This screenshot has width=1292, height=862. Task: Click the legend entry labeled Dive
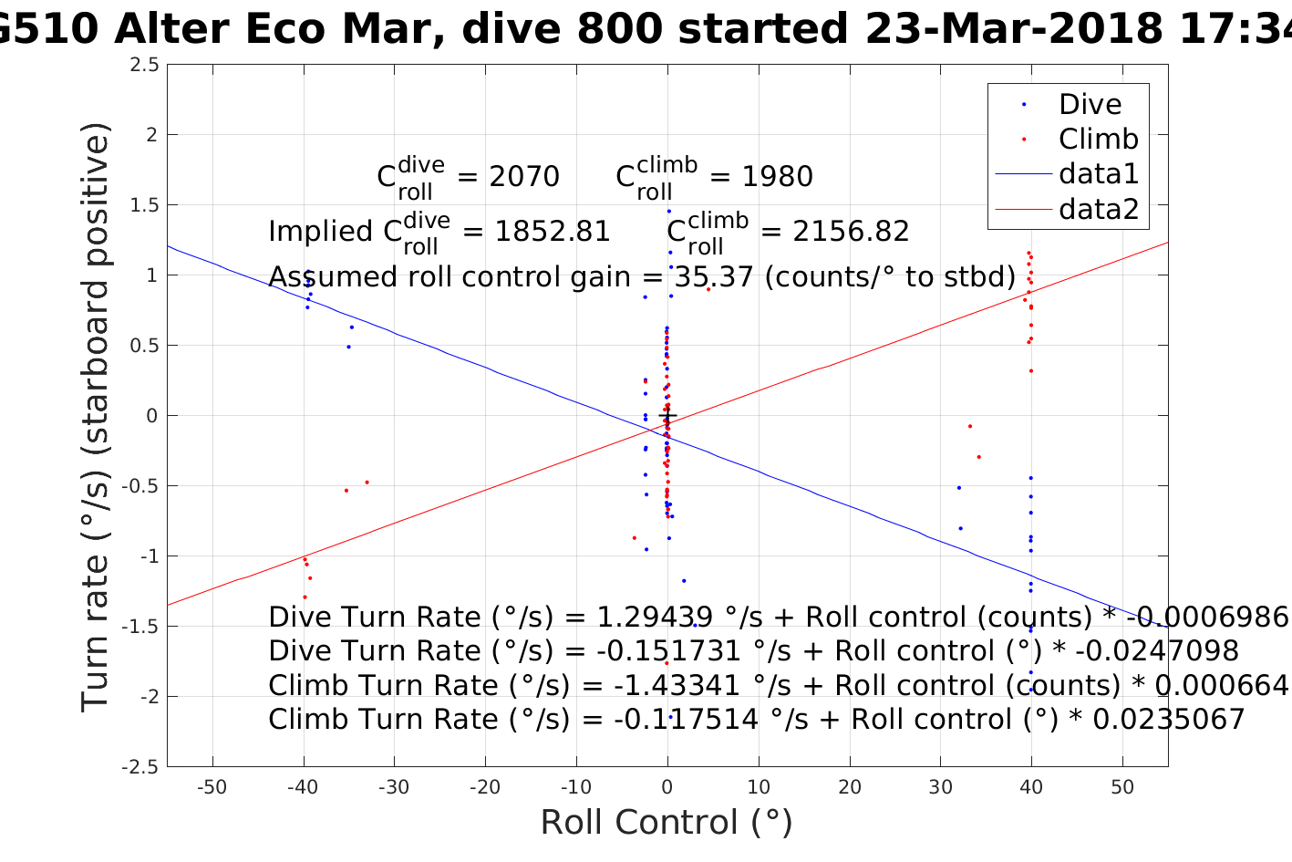click(x=1090, y=104)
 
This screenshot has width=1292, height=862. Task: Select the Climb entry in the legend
click(x=1098, y=139)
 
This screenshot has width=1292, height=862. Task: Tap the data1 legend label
click(x=1099, y=173)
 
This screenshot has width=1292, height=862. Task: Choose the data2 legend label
click(x=1099, y=209)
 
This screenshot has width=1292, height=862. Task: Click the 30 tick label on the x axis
click(x=940, y=787)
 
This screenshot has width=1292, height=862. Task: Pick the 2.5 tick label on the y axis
click(x=144, y=65)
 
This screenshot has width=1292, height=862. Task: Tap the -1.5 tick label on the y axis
click(x=140, y=627)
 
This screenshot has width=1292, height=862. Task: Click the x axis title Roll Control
click(x=667, y=823)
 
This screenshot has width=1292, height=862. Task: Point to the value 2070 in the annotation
click(x=524, y=176)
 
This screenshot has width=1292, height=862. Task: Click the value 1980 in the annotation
click(x=777, y=176)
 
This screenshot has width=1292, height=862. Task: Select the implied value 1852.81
click(x=552, y=232)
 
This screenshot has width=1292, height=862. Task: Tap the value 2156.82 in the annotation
click(x=851, y=232)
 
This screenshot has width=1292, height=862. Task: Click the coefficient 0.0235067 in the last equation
click(x=1168, y=719)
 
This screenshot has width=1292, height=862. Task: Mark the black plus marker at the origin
click(x=667, y=416)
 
